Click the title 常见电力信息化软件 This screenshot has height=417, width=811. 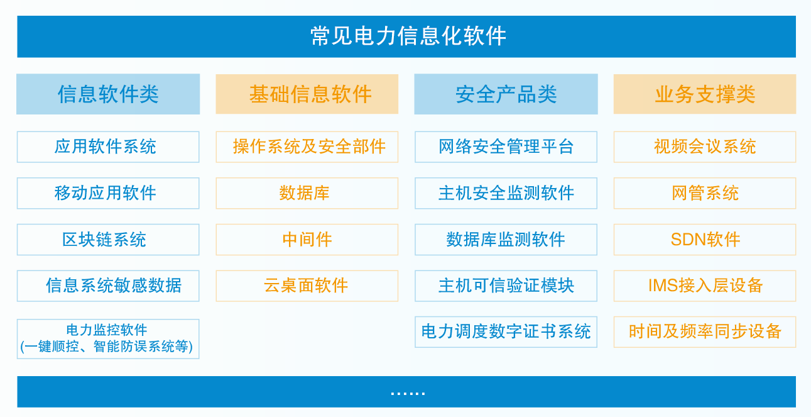click(407, 36)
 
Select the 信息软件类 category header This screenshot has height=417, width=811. click(108, 94)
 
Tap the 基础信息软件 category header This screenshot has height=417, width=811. click(307, 94)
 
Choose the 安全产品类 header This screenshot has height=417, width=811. click(506, 94)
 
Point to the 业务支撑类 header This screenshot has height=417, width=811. click(705, 94)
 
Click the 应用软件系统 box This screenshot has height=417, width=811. click(108, 147)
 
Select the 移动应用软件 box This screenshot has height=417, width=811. click(108, 193)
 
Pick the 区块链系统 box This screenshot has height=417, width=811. click(108, 240)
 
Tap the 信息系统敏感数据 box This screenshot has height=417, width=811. click(108, 286)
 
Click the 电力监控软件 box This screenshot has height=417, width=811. click(108, 338)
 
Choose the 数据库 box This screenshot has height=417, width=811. click(307, 193)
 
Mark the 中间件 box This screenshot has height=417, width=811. click(307, 240)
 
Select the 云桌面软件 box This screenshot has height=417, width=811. click(307, 286)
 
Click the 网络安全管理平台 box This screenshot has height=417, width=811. click(506, 147)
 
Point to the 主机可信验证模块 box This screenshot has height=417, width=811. click(506, 286)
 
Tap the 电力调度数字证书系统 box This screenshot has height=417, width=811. click(506, 332)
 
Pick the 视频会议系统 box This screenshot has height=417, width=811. click(705, 147)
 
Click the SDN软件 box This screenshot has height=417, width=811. click(705, 240)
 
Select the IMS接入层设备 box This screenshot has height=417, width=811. click(705, 286)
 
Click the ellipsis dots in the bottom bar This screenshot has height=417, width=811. click(407, 392)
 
